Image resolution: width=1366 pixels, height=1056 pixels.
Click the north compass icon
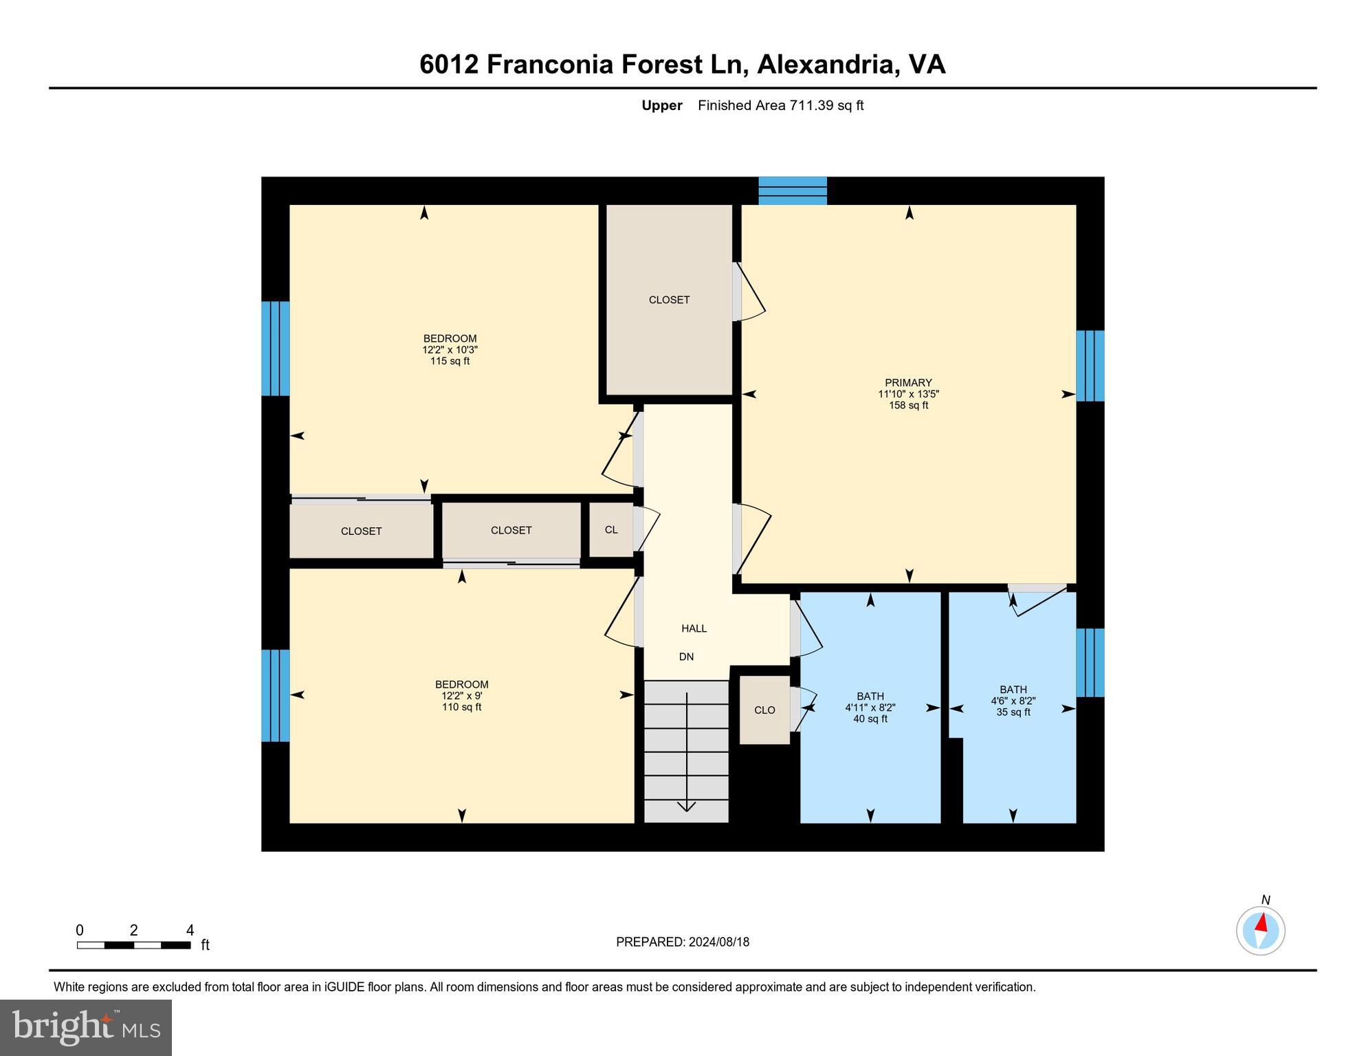coord(1261,930)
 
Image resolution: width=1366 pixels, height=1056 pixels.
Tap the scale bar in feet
coord(133,945)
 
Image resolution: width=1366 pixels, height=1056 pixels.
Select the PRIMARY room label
coord(908,394)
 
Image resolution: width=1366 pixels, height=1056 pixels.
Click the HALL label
coord(694,628)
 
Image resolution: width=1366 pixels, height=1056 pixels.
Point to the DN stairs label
coord(686,657)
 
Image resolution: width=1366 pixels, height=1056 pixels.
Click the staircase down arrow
coord(687,752)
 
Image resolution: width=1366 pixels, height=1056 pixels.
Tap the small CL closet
coord(611,529)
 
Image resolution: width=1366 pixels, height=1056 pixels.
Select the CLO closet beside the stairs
coord(764,709)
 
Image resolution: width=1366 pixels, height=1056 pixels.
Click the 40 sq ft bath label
coord(870,707)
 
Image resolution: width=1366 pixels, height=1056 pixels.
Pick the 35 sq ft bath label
coord(1013,701)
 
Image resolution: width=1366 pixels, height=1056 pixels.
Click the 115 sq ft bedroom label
coord(450,349)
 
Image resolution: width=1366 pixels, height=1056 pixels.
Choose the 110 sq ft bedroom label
coord(462,696)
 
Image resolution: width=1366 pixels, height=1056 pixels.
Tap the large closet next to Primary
coord(669,300)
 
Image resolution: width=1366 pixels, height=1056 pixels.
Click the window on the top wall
coord(793,191)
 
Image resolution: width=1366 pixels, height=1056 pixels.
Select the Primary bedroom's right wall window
coord(1090,366)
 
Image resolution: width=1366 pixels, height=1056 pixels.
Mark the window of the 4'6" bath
coord(1090,663)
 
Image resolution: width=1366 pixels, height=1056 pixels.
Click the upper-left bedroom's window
coord(276,349)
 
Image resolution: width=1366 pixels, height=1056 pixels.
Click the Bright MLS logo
coord(86,1027)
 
